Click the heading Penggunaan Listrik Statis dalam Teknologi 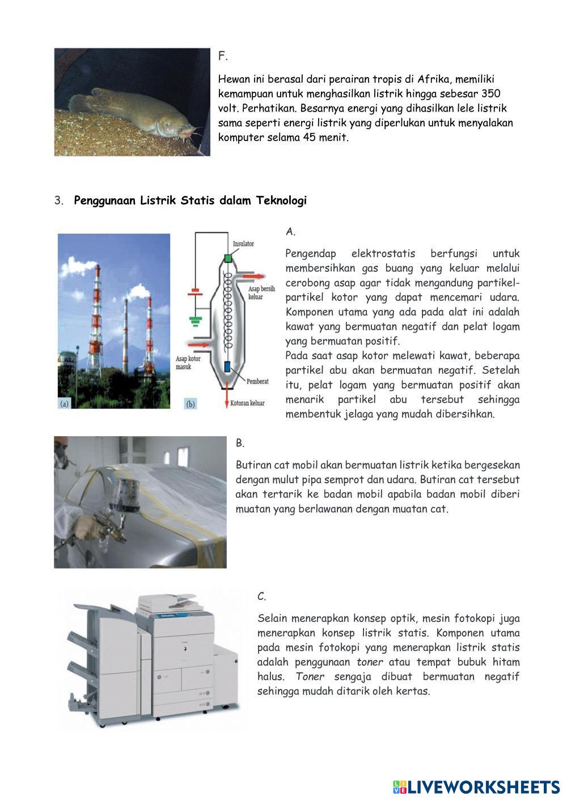point(190,201)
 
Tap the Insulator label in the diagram point(243,244)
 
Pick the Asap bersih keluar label point(261,293)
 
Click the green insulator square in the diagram point(227,259)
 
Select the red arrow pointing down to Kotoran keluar point(227,392)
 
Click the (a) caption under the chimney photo point(65,403)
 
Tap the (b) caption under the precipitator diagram point(191,404)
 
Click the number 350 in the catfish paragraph point(490,93)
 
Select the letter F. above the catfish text point(223,56)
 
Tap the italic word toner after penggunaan point(370,662)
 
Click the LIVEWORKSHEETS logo point(476,787)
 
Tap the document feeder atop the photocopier point(170,599)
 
